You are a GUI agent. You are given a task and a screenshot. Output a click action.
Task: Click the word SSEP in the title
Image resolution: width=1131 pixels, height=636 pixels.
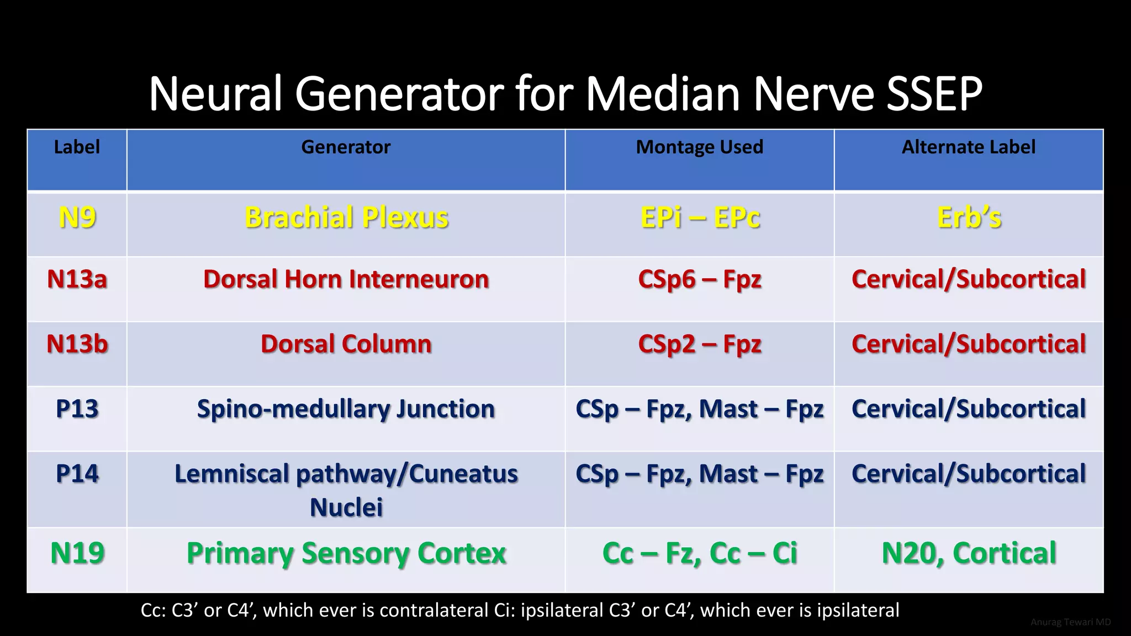click(x=934, y=94)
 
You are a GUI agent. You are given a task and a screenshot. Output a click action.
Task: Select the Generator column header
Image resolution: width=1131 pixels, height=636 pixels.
click(x=346, y=147)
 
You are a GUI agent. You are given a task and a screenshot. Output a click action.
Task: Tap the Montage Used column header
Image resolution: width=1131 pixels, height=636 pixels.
click(x=699, y=147)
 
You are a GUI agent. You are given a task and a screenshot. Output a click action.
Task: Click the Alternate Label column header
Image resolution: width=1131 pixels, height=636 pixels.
click(x=968, y=147)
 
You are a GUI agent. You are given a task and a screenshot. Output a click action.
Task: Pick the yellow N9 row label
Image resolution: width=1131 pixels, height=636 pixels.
click(x=77, y=218)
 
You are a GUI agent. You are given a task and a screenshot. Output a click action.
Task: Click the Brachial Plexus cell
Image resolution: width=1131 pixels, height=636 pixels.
click(x=346, y=218)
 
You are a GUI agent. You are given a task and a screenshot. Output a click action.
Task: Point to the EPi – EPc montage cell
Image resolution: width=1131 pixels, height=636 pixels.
click(x=700, y=218)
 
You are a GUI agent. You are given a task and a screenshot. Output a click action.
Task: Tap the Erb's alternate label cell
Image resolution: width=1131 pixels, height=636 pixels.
click(x=969, y=218)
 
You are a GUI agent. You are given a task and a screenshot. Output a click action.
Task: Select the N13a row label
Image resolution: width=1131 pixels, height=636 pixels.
click(x=77, y=279)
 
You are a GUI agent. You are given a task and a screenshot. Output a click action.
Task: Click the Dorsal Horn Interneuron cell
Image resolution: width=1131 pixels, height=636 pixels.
click(x=346, y=279)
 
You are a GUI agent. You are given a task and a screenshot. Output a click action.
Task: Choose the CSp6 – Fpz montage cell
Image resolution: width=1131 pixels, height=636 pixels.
click(x=700, y=279)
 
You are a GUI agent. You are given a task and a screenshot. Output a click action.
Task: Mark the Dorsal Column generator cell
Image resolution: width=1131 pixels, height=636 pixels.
click(x=346, y=344)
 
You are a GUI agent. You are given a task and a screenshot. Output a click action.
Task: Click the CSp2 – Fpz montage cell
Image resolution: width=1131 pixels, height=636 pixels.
click(x=700, y=344)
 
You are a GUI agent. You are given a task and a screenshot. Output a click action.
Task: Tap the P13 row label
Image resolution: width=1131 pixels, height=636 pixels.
click(x=77, y=409)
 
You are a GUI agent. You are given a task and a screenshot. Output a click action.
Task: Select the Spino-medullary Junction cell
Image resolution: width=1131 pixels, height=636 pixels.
click(x=346, y=409)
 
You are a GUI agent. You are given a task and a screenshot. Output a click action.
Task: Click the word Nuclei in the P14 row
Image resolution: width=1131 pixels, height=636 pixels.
click(x=346, y=507)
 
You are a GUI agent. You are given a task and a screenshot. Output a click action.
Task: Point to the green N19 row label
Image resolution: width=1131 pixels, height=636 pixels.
click(x=77, y=553)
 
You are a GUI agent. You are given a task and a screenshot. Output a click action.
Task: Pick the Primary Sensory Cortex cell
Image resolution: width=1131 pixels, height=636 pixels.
click(x=346, y=553)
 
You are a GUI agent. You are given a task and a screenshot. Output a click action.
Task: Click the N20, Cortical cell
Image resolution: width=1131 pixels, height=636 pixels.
click(x=969, y=553)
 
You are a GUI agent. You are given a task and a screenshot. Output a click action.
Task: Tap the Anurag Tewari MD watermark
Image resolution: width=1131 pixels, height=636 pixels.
click(x=1070, y=622)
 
